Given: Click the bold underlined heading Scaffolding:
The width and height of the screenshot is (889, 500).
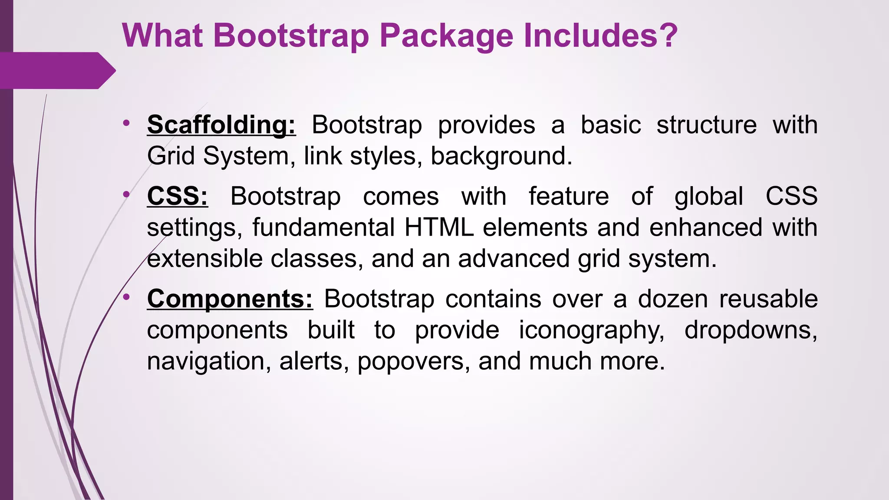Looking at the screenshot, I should [x=221, y=125].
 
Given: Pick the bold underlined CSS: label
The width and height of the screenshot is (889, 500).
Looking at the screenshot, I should [x=178, y=196].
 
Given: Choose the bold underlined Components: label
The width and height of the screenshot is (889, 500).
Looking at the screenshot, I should [x=230, y=299].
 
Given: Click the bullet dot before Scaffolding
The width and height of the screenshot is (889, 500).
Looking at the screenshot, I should [x=126, y=123].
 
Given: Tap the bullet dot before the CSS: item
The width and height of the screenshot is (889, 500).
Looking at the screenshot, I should [x=126, y=194].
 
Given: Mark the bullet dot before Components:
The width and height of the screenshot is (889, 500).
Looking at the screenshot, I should [x=126, y=297].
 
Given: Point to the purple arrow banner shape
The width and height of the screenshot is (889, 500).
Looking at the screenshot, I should [x=56, y=70].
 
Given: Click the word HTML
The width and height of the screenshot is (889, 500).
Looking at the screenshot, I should [x=439, y=227].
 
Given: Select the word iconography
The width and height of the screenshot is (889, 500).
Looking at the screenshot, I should [x=592, y=330].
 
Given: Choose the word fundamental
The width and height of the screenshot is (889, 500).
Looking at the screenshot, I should [x=323, y=227].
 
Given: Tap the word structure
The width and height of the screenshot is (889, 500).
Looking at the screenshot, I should [x=706, y=125].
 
